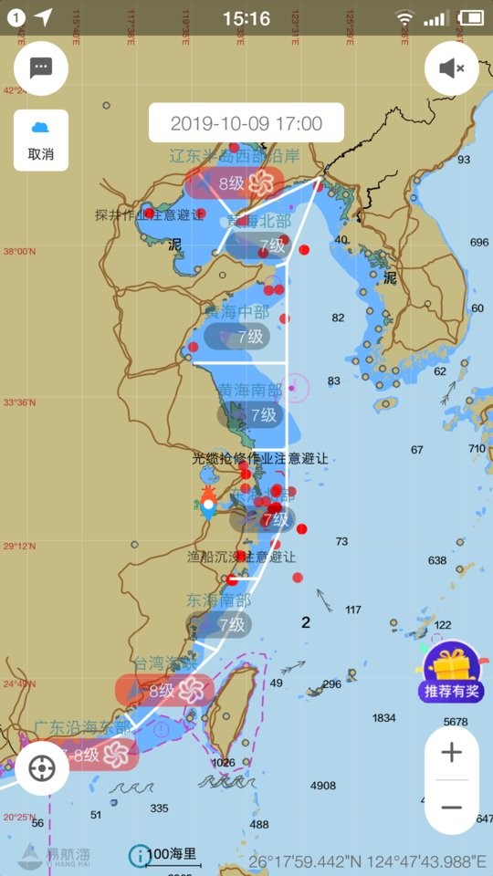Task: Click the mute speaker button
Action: pos(452,68)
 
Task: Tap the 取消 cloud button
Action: pos(41,140)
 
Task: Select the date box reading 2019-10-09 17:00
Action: pos(246,123)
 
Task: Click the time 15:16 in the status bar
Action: pos(246,18)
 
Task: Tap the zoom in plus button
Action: pos(451,753)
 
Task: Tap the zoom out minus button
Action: pos(451,808)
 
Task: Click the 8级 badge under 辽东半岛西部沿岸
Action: pos(236,183)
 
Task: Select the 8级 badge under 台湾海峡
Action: pos(164,691)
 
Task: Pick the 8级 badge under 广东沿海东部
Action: pos(89,755)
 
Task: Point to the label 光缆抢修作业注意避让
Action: pos(259,458)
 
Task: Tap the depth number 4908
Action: pos(323,786)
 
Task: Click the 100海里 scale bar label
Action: pos(172,855)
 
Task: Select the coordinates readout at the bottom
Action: pos(367,860)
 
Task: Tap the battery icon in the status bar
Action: pos(470,17)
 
